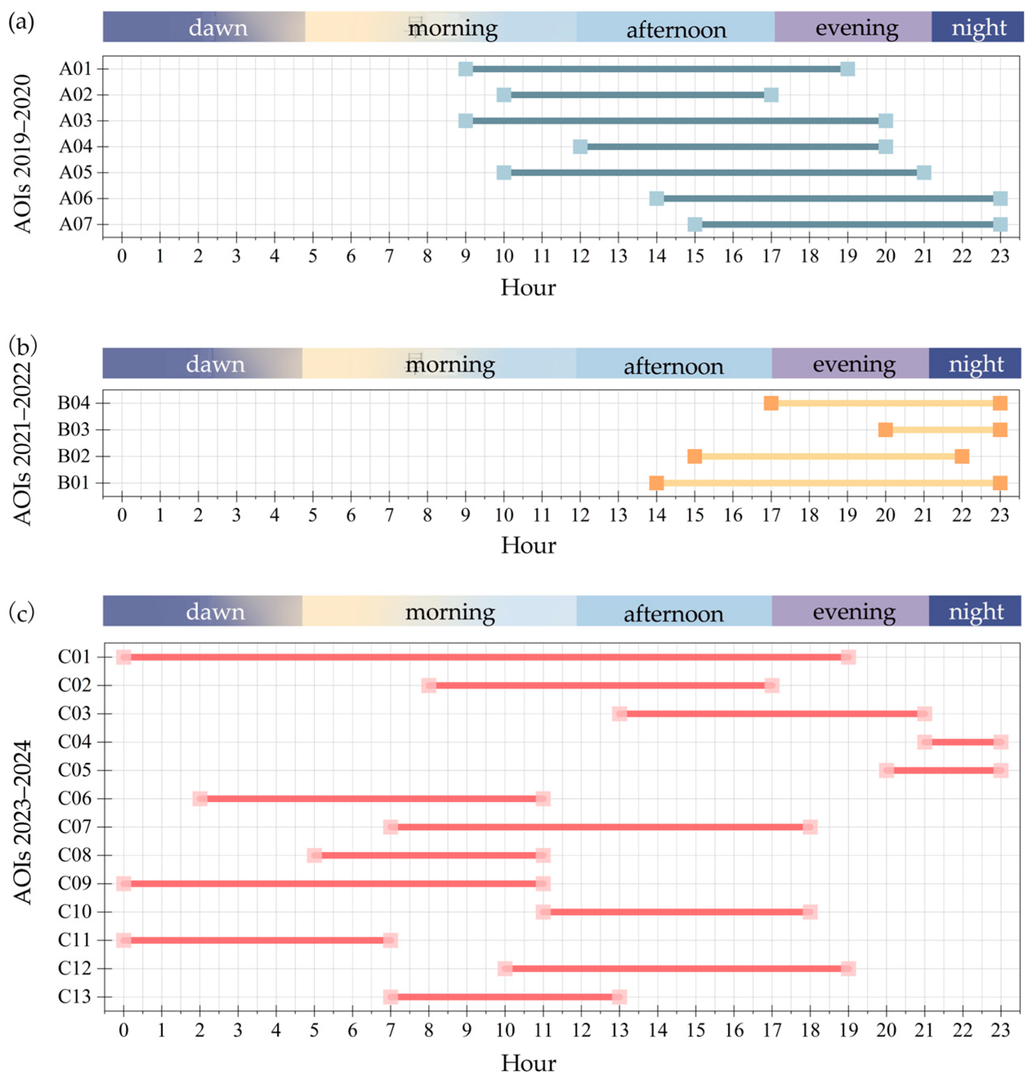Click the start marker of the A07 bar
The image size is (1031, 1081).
[x=695, y=224]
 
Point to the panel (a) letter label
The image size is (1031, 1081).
[x=21, y=23]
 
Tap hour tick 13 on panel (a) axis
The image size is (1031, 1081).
[x=618, y=256]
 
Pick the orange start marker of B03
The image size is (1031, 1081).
[x=885, y=429]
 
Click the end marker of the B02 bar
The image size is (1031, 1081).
[x=962, y=456]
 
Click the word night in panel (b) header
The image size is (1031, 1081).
[x=976, y=364]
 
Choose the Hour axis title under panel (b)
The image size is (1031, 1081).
[x=528, y=545]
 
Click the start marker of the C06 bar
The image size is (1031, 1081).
[x=200, y=799]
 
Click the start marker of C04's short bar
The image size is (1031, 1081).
[x=924, y=742]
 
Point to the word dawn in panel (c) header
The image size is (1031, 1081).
[x=215, y=612]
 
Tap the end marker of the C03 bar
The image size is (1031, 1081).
[x=924, y=714]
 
